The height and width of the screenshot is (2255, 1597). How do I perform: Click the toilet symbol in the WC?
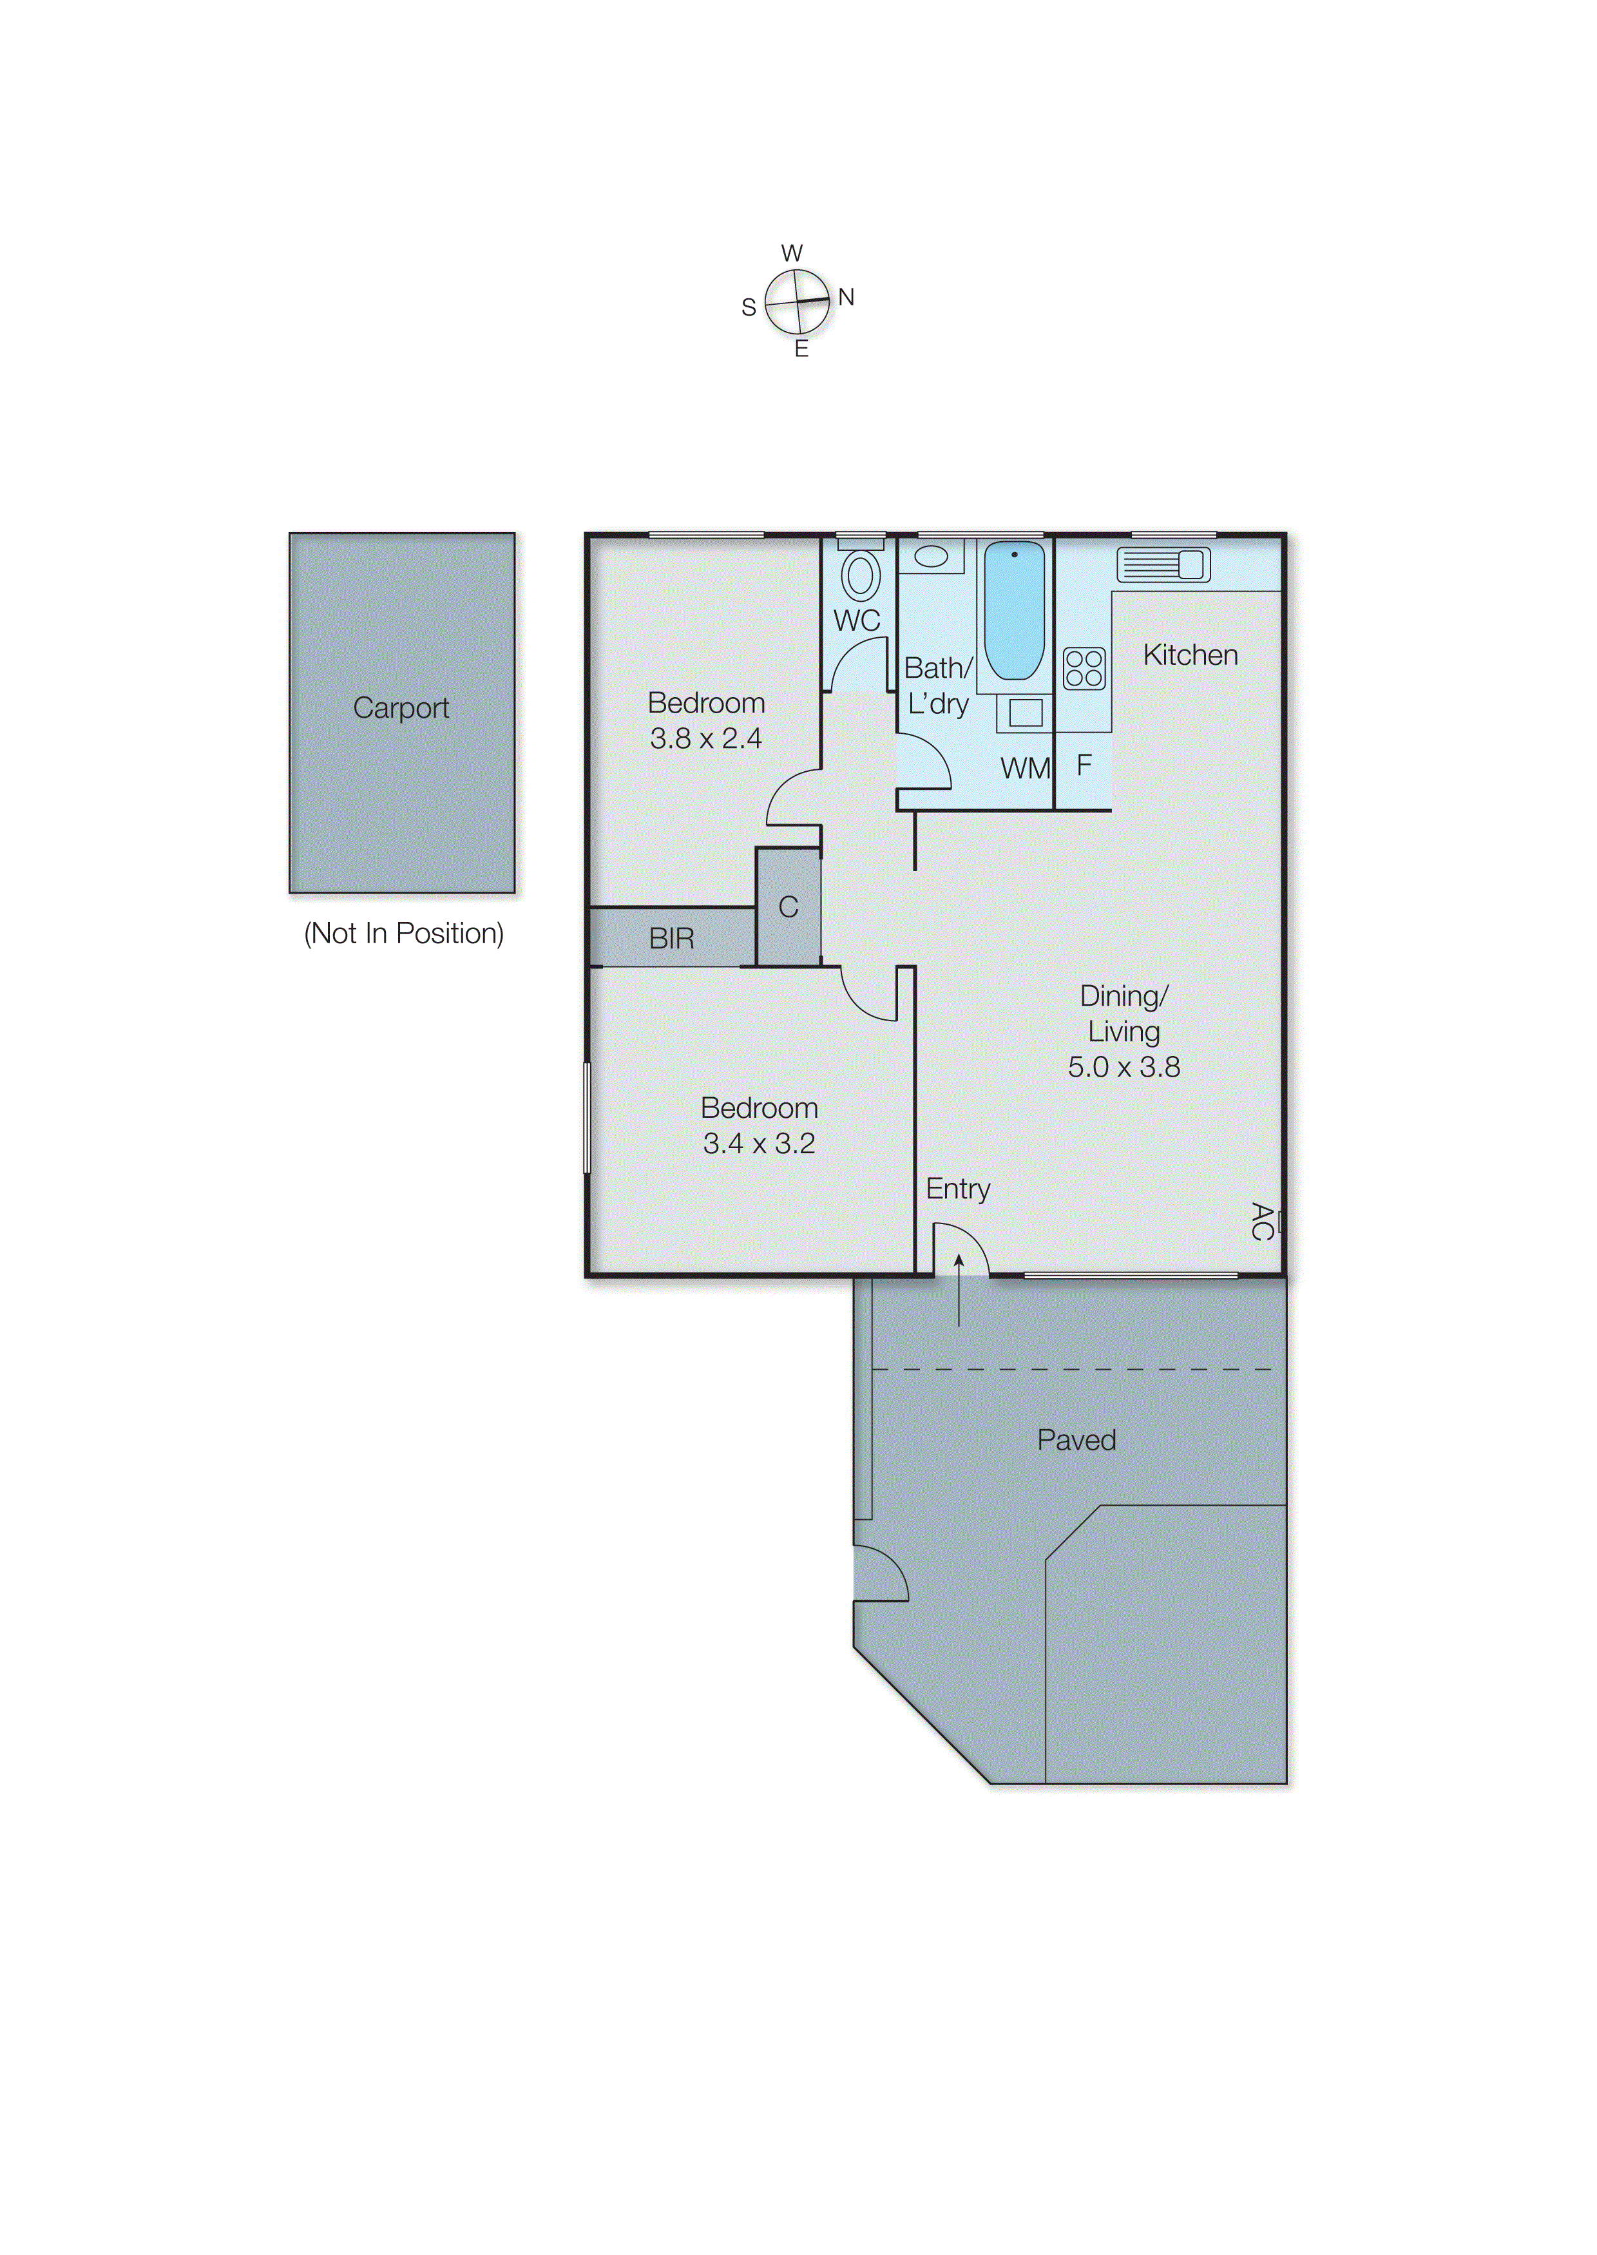click(861, 573)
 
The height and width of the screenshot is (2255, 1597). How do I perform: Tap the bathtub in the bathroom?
click(1014, 609)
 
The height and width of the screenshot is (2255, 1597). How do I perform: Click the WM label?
click(1024, 768)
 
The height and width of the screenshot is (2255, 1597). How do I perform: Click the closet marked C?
click(788, 907)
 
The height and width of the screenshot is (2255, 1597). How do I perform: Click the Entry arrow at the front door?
click(959, 1289)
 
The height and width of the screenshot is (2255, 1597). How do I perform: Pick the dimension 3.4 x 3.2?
click(758, 1144)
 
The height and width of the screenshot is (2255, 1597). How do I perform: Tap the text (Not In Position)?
click(403, 934)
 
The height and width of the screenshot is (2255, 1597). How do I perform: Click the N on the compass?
click(846, 297)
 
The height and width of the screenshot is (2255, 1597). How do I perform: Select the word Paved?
click(1076, 1440)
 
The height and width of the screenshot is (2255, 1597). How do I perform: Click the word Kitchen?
click(1189, 655)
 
